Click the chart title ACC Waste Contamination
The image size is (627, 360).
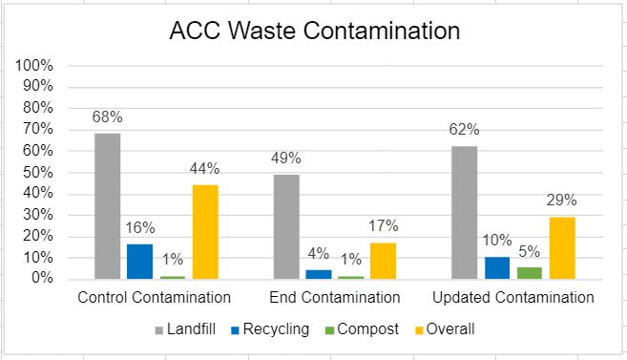click(x=314, y=32)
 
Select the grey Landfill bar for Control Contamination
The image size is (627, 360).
click(x=107, y=205)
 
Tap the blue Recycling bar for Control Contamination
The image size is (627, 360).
click(x=139, y=261)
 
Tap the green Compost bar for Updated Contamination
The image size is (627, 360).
click(x=529, y=272)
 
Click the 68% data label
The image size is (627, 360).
click(x=107, y=117)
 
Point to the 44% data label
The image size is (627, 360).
click(x=205, y=169)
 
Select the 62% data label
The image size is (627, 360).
click(x=464, y=130)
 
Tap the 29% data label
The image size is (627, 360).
click(x=562, y=201)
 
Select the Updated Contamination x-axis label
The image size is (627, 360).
click(x=512, y=298)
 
